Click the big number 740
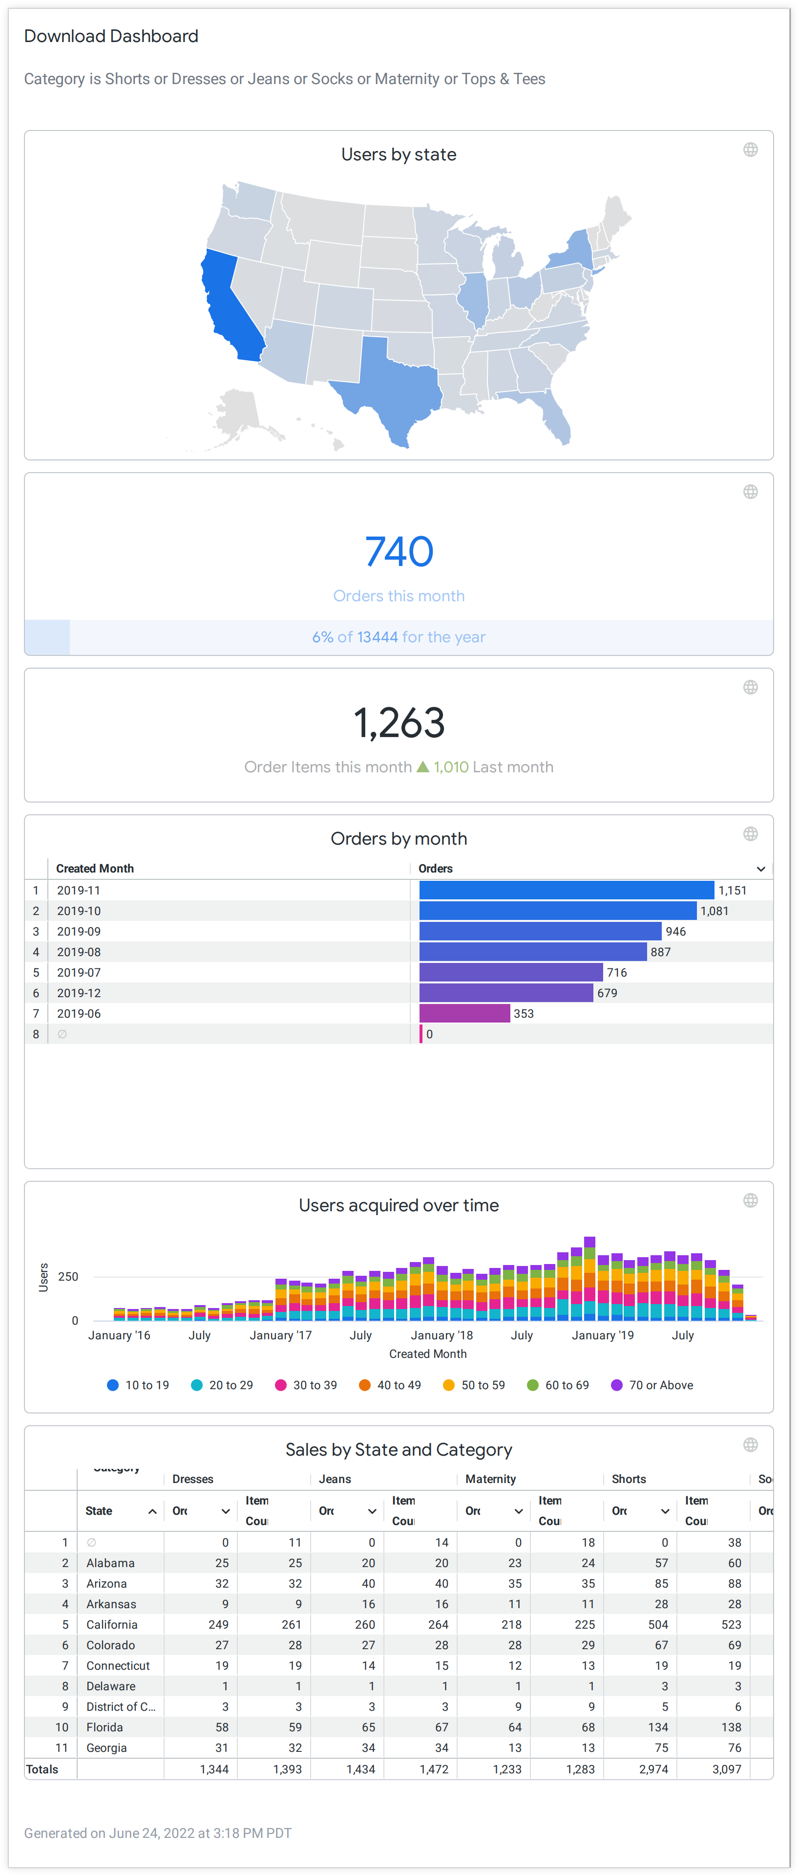(x=399, y=551)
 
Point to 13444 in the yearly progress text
(x=377, y=637)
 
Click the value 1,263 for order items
(x=399, y=723)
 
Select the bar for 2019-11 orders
(x=566, y=890)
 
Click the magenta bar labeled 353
(x=464, y=1013)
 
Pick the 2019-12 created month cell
(x=79, y=993)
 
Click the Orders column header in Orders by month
(x=435, y=868)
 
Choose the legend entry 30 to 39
(x=306, y=1385)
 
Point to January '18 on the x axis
(x=442, y=1335)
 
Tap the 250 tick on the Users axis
(x=68, y=1277)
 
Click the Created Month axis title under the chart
(x=428, y=1354)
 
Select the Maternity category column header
(x=490, y=1479)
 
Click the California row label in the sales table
(x=111, y=1625)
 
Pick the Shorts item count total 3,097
(x=726, y=1769)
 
